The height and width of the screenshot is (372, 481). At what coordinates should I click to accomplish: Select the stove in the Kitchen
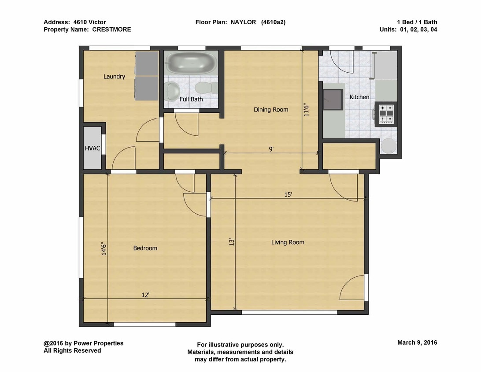click(x=385, y=114)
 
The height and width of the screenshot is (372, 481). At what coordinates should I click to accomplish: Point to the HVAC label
click(x=92, y=148)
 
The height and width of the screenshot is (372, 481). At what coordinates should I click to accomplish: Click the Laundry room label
click(x=114, y=76)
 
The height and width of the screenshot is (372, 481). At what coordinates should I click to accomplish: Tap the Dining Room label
click(x=271, y=110)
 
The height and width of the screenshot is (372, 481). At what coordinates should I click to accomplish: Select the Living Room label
click(x=288, y=242)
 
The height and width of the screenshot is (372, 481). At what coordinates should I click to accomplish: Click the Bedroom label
click(x=145, y=248)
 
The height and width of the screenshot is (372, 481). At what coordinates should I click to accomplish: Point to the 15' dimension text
click(x=288, y=194)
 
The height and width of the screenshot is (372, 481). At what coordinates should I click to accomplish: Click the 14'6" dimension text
click(x=104, y=249)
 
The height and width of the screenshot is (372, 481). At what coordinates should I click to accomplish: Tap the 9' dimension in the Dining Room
click(x=271, y=149)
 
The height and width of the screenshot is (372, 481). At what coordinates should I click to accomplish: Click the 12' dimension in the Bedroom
click(x=145, y=295)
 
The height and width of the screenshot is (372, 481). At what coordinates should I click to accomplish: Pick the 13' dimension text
click(x=232, y=242)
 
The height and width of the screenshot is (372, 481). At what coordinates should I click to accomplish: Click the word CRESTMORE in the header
click(x=112, y=30)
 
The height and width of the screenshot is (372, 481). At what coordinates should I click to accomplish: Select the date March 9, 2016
click(x=417, y=342)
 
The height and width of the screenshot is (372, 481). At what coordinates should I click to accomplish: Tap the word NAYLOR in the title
click(x=243, y=22)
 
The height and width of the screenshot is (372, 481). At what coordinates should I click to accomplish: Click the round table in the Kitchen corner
click(x=388, y=145)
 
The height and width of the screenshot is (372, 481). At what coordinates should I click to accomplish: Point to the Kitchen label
click(x=359, y=97)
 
